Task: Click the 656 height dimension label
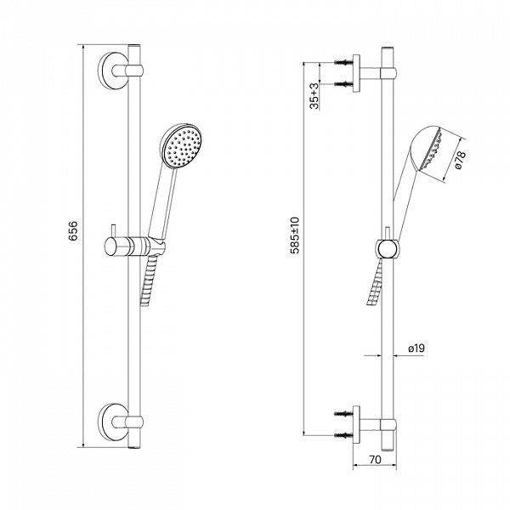click(73, 231)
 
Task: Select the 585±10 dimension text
click(296, 235)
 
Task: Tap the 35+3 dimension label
click(314, 96)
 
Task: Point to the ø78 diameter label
click(460, 161)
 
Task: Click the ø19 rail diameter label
click(416, 348)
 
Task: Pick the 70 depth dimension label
click(375, 459)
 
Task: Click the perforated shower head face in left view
click(183, 147)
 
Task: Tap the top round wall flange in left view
click(112, 71)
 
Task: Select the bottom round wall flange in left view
click(112, 422)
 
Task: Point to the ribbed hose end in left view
click(148, 280)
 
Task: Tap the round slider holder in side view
click(388, 249)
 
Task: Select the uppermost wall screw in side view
click(343, 62)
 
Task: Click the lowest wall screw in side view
click(343, 434)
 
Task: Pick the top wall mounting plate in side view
click(356, 73)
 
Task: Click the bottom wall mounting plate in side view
click(356, 424)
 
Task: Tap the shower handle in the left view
click(163, 203)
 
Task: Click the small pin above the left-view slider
click(113, 230)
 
